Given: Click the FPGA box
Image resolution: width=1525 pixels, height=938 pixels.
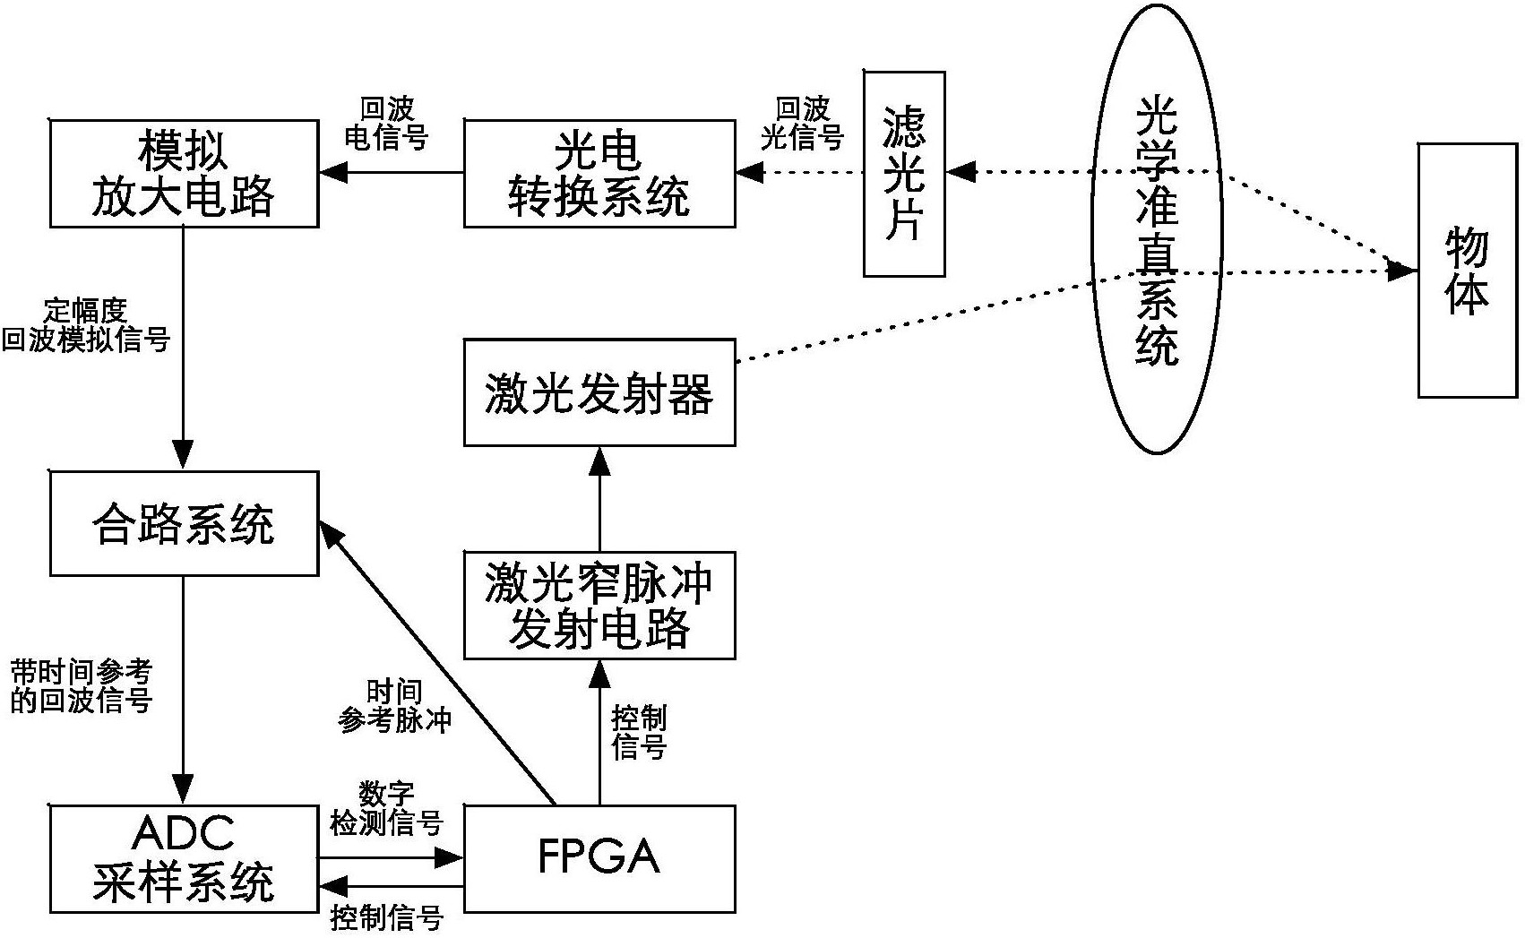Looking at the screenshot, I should click(x=599, y=857).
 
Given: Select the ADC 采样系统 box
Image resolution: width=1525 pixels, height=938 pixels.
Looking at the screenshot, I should click(x=184, y=857).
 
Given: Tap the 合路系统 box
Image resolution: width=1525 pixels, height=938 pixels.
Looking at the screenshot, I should click(x=184, y=524).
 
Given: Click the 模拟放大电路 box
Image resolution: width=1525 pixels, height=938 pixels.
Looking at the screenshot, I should click(x=184, y=174).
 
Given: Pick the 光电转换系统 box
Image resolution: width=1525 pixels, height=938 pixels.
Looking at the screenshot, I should click(x=599, y=174).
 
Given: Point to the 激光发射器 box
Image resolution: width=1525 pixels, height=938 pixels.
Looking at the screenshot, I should click(x=599, y=392).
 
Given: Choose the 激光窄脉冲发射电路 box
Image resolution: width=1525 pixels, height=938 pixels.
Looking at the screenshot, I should click(x=599, y=606).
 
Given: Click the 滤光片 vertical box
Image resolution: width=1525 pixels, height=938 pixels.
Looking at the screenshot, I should click(x=903, y=174).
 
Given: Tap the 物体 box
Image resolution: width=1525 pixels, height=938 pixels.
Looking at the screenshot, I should click(x=1467, y=270).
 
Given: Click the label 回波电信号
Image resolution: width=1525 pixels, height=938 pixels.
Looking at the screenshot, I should click(x=387, y=124).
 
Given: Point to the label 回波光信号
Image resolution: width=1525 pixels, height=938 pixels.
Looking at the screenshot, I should click(x=802, y=124).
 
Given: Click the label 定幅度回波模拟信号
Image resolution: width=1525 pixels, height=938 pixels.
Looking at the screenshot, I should click(x=85, y=326).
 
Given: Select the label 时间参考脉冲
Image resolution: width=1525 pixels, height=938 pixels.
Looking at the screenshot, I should click(x=394, y=706).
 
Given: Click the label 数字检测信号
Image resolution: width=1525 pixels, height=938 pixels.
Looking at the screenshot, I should click(x=387, y=808).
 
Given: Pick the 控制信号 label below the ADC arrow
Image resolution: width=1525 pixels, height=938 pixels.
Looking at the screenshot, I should click(x=387, y=918).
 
